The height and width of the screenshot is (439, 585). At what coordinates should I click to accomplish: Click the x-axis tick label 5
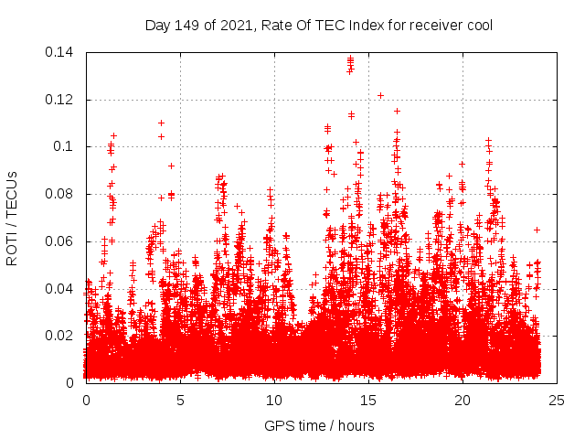click(180, 400)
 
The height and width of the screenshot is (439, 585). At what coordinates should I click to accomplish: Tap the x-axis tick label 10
click(274, 400)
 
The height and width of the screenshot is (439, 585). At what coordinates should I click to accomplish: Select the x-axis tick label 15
click(368, 400)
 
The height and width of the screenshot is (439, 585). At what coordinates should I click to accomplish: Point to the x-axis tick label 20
click(463, 400)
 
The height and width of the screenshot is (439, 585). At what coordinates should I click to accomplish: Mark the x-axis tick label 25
click(557, 400)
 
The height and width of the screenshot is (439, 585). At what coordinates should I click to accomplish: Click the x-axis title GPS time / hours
click(319, 425)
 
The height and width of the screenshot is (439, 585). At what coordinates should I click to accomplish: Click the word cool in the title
click(479, 25)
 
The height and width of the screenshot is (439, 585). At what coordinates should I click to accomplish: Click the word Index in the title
click(353, 25)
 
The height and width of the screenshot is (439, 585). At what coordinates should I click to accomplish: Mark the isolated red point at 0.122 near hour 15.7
click(380, 95)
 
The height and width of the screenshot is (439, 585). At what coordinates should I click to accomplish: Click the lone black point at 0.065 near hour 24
click(537, 230)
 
